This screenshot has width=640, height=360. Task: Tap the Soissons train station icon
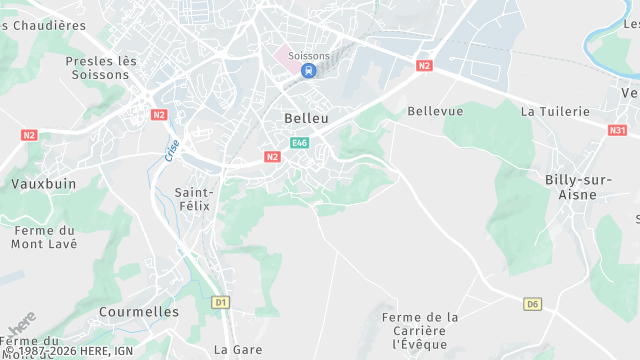pos(308,71)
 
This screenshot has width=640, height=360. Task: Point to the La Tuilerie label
pos(556,112)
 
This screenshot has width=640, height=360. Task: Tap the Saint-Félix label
pos(194,198)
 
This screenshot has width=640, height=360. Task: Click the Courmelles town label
pos(139,312)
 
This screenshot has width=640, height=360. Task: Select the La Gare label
pos(238,350)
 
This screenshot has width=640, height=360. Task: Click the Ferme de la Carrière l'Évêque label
pos(420,330)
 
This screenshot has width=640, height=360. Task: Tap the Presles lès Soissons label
pos(101,68)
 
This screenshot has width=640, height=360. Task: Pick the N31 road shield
pos(618,129)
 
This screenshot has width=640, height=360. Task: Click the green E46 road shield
pos(299,143)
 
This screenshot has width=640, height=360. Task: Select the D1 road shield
pos(221,301)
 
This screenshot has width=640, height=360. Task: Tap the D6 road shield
pos(533,304)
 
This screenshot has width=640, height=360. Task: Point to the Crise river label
pos(172,150)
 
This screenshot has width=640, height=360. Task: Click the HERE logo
pos(20,326)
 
